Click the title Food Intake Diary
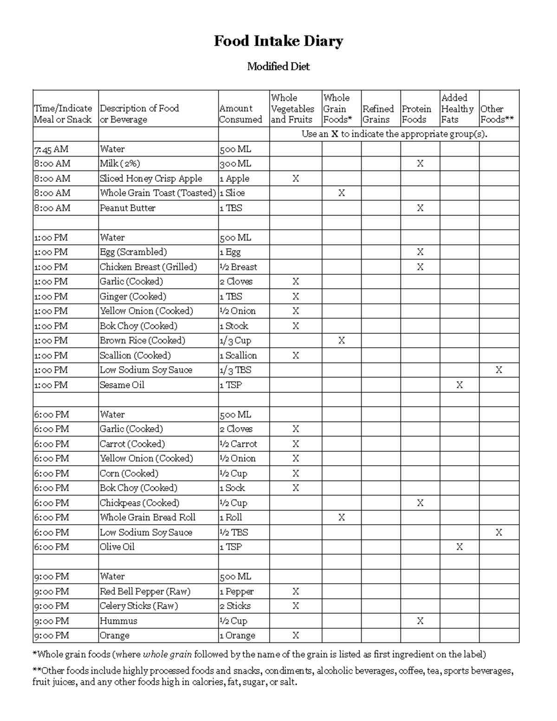tap(278, 41)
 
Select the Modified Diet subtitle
tap(278, 66)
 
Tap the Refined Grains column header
tap(378, 114)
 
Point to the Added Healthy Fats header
tap(457, 109)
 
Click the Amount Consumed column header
tap(240, 114)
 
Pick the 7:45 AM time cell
tap(51, 149)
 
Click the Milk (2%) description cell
tap(120, 163)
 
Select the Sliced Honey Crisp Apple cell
tap(151, 178)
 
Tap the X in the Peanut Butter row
tap(420, 208)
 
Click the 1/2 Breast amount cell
tap(238, 267)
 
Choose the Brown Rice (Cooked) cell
tap(142, 340)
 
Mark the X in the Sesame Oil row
tap(459, 385)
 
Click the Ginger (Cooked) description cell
tap(133, 296)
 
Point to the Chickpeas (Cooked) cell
tap(140, 503)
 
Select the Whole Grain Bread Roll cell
tap(148, 517)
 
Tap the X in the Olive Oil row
tap(459, 547)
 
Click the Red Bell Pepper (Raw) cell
tap(145, 591)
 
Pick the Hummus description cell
tap(118, 621)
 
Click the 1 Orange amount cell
tap(237, 636)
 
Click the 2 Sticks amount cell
tap(235, 606)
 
